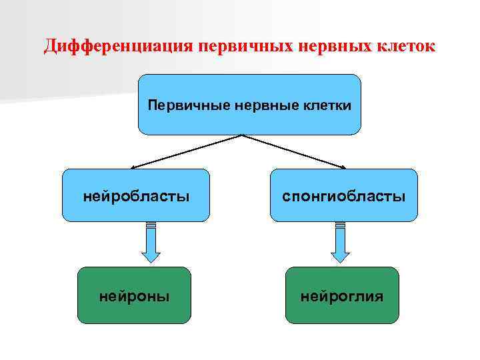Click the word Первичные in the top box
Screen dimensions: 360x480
pyautogui.click(x=180, y=105)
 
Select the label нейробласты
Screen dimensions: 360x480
pyautogui.click(x=136, y=196)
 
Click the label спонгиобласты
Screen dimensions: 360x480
pyautogui.click(x=344, y=196)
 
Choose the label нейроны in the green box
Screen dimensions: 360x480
pyautogui.click(x=134, y=295)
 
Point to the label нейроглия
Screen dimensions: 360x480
pyautogui.click(x=342, y=295)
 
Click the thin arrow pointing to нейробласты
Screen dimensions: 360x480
pyautogui.click(x=187, y=151)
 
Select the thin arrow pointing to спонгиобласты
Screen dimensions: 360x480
pyautogui.click(x=293, y=151)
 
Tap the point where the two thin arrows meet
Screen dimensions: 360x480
pyautogui.click(x=241, y=135)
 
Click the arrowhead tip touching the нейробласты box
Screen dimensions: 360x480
pyautogui.click(x=131, y=167)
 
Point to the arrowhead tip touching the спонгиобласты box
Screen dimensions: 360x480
pyautogui.click(x=347, y=167)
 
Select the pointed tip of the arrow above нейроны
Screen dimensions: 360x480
pyautogui.click(x=151, y=262)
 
